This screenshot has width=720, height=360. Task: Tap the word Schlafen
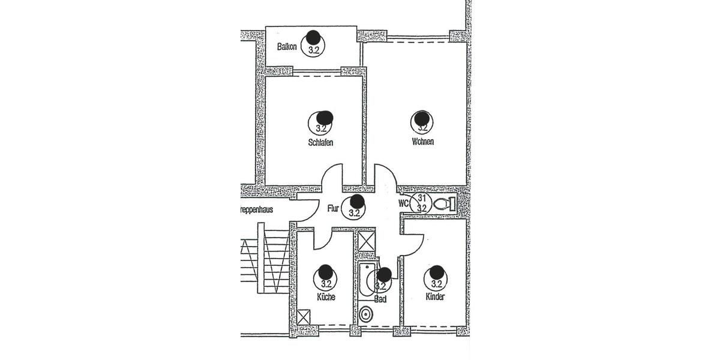(320, 143)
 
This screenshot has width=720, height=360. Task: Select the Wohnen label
(422, 142)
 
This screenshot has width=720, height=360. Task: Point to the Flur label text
(333, 210)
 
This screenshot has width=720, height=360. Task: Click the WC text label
(404, 203)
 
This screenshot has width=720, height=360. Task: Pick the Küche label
(326, 297)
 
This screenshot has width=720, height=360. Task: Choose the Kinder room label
(436, 297)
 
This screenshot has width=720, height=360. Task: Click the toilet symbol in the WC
(444, 204)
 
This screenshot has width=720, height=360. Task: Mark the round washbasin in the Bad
(365, 313)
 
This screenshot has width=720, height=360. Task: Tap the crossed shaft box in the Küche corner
(304, 316)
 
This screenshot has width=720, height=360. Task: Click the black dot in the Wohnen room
(422, 117)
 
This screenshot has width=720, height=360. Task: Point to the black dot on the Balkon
(313, 37)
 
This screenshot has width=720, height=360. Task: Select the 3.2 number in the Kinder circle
(436, 284)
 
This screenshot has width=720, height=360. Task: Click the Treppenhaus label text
(255, 210)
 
